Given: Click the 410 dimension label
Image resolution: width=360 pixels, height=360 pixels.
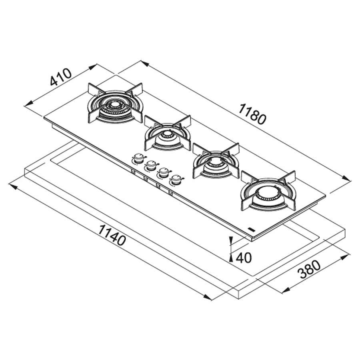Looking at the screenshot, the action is click(61, 77).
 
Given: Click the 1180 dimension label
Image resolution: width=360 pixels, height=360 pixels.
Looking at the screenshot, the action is click(252, 114).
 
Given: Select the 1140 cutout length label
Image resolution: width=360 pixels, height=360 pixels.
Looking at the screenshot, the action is click(112, 235).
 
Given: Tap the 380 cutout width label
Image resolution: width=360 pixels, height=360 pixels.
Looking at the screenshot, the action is click(308, 269).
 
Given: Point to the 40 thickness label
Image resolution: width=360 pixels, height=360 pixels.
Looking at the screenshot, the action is click(244, 258).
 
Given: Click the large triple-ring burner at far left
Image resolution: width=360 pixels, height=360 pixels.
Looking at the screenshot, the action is click(115, 103).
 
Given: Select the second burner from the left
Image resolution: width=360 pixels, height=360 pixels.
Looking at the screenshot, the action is click(168, 133).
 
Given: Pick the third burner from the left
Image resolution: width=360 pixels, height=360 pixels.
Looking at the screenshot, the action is click(216, 161).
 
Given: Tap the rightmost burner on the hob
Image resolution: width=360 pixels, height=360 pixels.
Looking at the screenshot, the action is click(268, 191).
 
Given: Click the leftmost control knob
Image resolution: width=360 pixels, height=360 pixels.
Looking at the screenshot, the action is click(138, 158).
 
